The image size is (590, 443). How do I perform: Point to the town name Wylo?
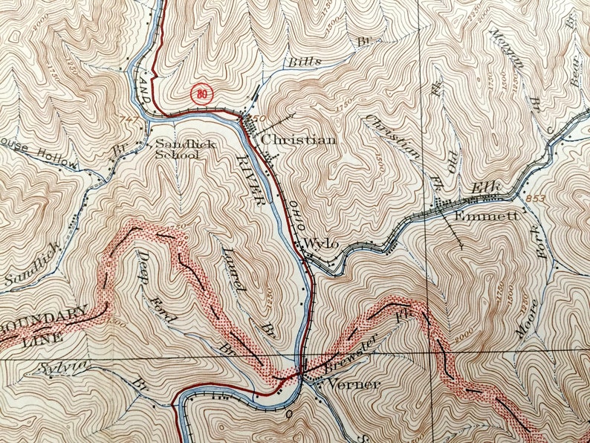tap(322, 244)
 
